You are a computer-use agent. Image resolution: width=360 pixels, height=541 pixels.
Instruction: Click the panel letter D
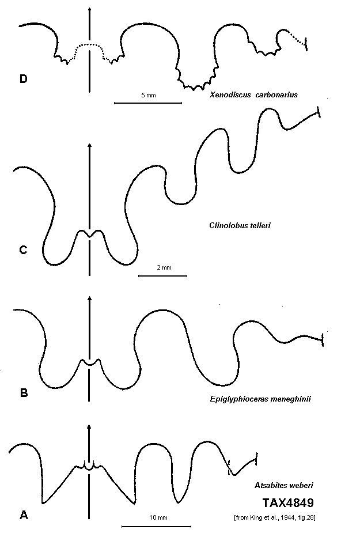point(24,79)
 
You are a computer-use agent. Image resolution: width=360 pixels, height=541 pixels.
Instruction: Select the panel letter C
point(24,249)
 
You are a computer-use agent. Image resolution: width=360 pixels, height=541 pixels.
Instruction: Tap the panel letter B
point(24,392)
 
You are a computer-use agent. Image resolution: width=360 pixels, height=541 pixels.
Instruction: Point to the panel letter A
point(24,515)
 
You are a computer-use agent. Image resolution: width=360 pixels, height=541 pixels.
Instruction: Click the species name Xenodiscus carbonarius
point(253,95)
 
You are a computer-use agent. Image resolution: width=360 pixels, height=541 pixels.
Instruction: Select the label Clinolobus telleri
point(240,225)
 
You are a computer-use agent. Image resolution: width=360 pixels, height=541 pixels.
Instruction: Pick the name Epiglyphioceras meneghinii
point(260,399)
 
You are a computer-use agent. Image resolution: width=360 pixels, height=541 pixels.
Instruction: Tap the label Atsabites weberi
point(284,486)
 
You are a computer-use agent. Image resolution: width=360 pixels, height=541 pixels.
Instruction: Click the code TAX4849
point(288,503)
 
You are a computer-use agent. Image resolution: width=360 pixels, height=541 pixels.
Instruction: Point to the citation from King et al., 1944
point(275,517)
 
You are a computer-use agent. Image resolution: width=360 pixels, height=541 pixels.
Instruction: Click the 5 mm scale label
point(148,95)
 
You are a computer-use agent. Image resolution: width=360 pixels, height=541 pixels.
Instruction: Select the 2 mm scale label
point(164,267)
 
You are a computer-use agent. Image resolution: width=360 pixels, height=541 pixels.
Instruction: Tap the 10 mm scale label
point(158,517)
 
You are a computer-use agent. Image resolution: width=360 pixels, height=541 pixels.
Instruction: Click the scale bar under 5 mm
point(148,103)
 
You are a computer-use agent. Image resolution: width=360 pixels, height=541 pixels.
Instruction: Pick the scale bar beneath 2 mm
point(162,275)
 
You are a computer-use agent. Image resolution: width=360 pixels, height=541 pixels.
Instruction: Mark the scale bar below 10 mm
point(156,527)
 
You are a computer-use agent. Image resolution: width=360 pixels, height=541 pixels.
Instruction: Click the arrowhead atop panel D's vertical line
point(89,9)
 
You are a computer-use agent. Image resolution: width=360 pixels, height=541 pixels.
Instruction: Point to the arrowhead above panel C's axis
point(89,145)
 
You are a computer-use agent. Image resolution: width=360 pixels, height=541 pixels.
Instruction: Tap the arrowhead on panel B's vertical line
point(89,299)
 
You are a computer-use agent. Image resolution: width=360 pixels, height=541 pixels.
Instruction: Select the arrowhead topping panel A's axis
point(89,427)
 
